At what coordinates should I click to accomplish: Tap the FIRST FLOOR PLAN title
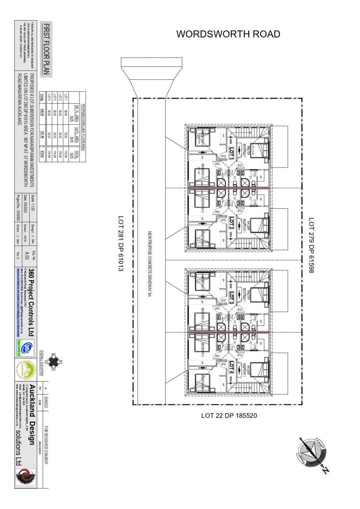(46, 48)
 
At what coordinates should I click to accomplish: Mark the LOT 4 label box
(231, 366)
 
